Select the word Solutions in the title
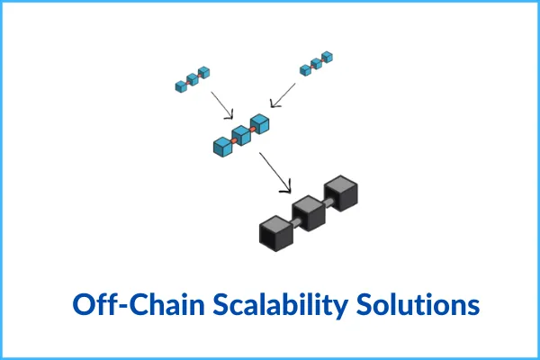[416, 304]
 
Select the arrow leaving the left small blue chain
[221, 104]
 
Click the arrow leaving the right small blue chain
[283, 94]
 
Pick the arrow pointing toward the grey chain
[275, 171]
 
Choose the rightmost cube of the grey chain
[341, 193]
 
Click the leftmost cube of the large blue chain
[222, 146]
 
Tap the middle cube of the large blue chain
[241, 135]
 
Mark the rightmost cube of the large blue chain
[259, 124]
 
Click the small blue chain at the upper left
[192, 79]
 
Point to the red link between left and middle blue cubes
[232, 141]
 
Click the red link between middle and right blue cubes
[251, 130]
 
